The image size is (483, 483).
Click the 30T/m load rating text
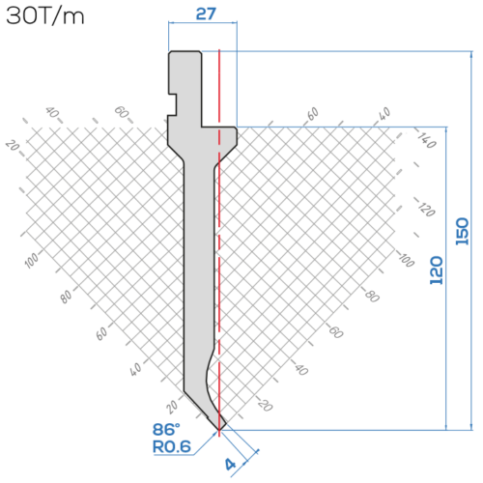pyautogui.click(x=45, y=16)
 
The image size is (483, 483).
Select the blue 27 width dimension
pyautogui.click(x=206, y=14)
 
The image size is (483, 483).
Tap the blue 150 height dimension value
pyautogui.click(x=462, y=231)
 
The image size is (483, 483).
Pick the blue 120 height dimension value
pyautogui.click(x=437, y=270)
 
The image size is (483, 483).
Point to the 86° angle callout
pyautogui.click(x=166, y=429)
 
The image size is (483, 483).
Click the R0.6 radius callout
pyautogui.click(x=172, y=446)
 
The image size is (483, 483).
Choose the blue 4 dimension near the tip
pyautogui.click(x=231, y=465)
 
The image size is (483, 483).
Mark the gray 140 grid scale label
pyautogui.click(x=427, y=140)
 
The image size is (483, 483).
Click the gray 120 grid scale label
pyautogui.click(x=427, y=209)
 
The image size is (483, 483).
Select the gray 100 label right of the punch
pyautogui.click(x=406, y=260)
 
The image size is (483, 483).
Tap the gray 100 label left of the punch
pyautogui.click(x=32, y=260)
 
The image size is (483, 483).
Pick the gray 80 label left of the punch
pyautogui.click(x=66, y=297)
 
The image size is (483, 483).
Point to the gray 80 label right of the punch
pyautogui.click(x=372, y=296)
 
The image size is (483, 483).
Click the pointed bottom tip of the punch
pyautogui.click(x=219, y=430)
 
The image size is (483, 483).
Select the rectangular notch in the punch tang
pyautogui.click(x=172, y=104)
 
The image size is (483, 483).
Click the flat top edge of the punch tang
pyautogui.click(x=185, y=51)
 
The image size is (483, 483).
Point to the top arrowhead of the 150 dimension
pyautogui.click(x=471, y=55)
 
